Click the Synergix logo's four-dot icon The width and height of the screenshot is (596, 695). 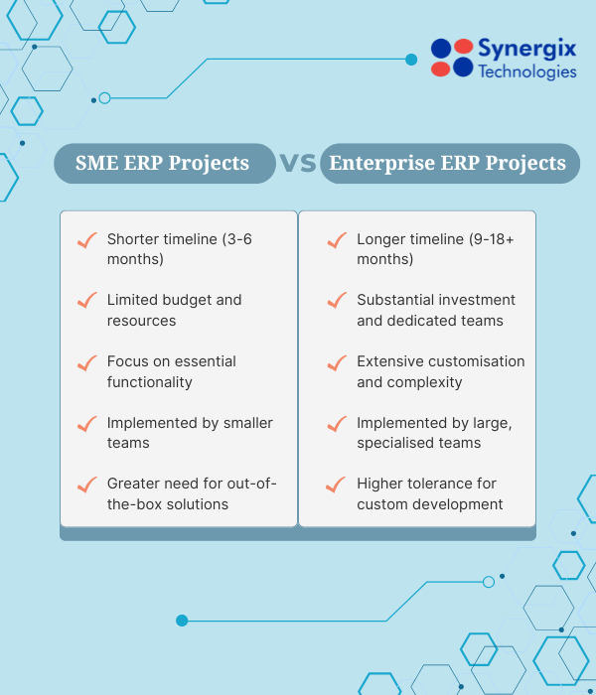[x=452, y=58]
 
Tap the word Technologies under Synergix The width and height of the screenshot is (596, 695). [x=526, y=71]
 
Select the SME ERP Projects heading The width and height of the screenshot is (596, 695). [x=163, y=163]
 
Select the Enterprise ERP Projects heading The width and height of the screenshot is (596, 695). [x=448, y=163]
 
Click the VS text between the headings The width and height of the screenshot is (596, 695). [x=298, y=163]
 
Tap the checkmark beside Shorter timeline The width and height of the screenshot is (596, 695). [x=86, y=240]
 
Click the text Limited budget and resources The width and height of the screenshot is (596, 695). [x=174, y=310]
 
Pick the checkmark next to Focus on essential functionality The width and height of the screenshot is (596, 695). [x=86, y=362]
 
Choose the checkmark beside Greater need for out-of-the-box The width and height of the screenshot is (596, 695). [x=86, y=485]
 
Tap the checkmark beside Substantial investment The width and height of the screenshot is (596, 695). [x=336, y=301]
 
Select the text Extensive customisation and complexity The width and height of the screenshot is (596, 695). [x=440, y=371]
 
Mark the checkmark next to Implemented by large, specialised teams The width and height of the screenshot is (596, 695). [x=336, y=424]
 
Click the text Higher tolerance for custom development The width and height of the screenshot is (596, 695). [x=430, y=493]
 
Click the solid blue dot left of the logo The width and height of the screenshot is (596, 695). [x=411, y=60]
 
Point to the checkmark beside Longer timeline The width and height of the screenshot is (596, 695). [x=336, y=240]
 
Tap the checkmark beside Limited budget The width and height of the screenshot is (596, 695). [x=86, y=301]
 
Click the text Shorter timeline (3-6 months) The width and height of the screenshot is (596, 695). [x=179, y=249]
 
